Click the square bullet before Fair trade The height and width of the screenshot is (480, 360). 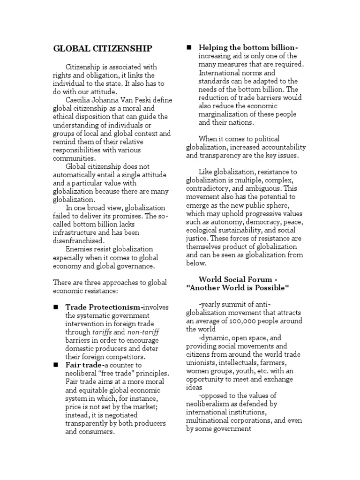[x=55, y=365]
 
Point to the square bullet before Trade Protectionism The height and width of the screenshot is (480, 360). [x=55, y=307]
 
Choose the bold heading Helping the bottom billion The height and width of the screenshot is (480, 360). [x=248, y=47]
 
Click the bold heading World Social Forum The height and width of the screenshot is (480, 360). [x=239, y=279]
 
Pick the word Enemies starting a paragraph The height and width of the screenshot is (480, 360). [x=80, y=249]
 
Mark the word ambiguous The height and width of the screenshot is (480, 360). [x=268, y=188]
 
